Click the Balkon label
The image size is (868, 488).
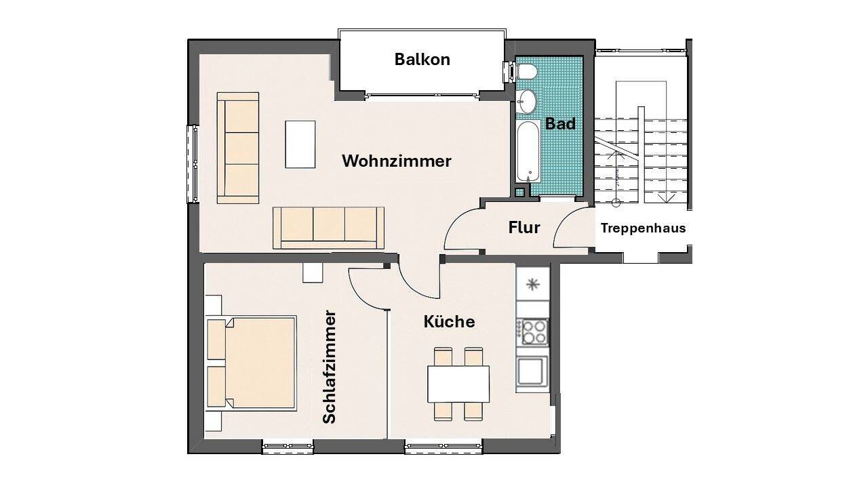(422, 60)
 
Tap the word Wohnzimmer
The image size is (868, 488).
(397, 161)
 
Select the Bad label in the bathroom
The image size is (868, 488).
(560, 124)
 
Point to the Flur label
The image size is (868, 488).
(524, 228)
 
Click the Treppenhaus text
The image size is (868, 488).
(644, 228)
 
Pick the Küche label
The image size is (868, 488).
(449, 321)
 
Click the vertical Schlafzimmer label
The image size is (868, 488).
(330, 367)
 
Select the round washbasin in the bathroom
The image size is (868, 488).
(526, 102)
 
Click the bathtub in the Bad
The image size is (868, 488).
(528, 151)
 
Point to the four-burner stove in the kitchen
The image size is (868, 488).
(534, 332)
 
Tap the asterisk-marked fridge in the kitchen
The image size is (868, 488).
(533, 285)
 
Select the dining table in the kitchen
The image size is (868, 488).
(458, 384)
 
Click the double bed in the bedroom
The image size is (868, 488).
(252, 363)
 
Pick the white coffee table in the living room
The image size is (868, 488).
(300, 144)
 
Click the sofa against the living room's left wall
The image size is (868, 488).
(238, 148)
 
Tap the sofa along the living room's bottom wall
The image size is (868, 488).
(329, 228)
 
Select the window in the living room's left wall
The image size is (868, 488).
(193, 164)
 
